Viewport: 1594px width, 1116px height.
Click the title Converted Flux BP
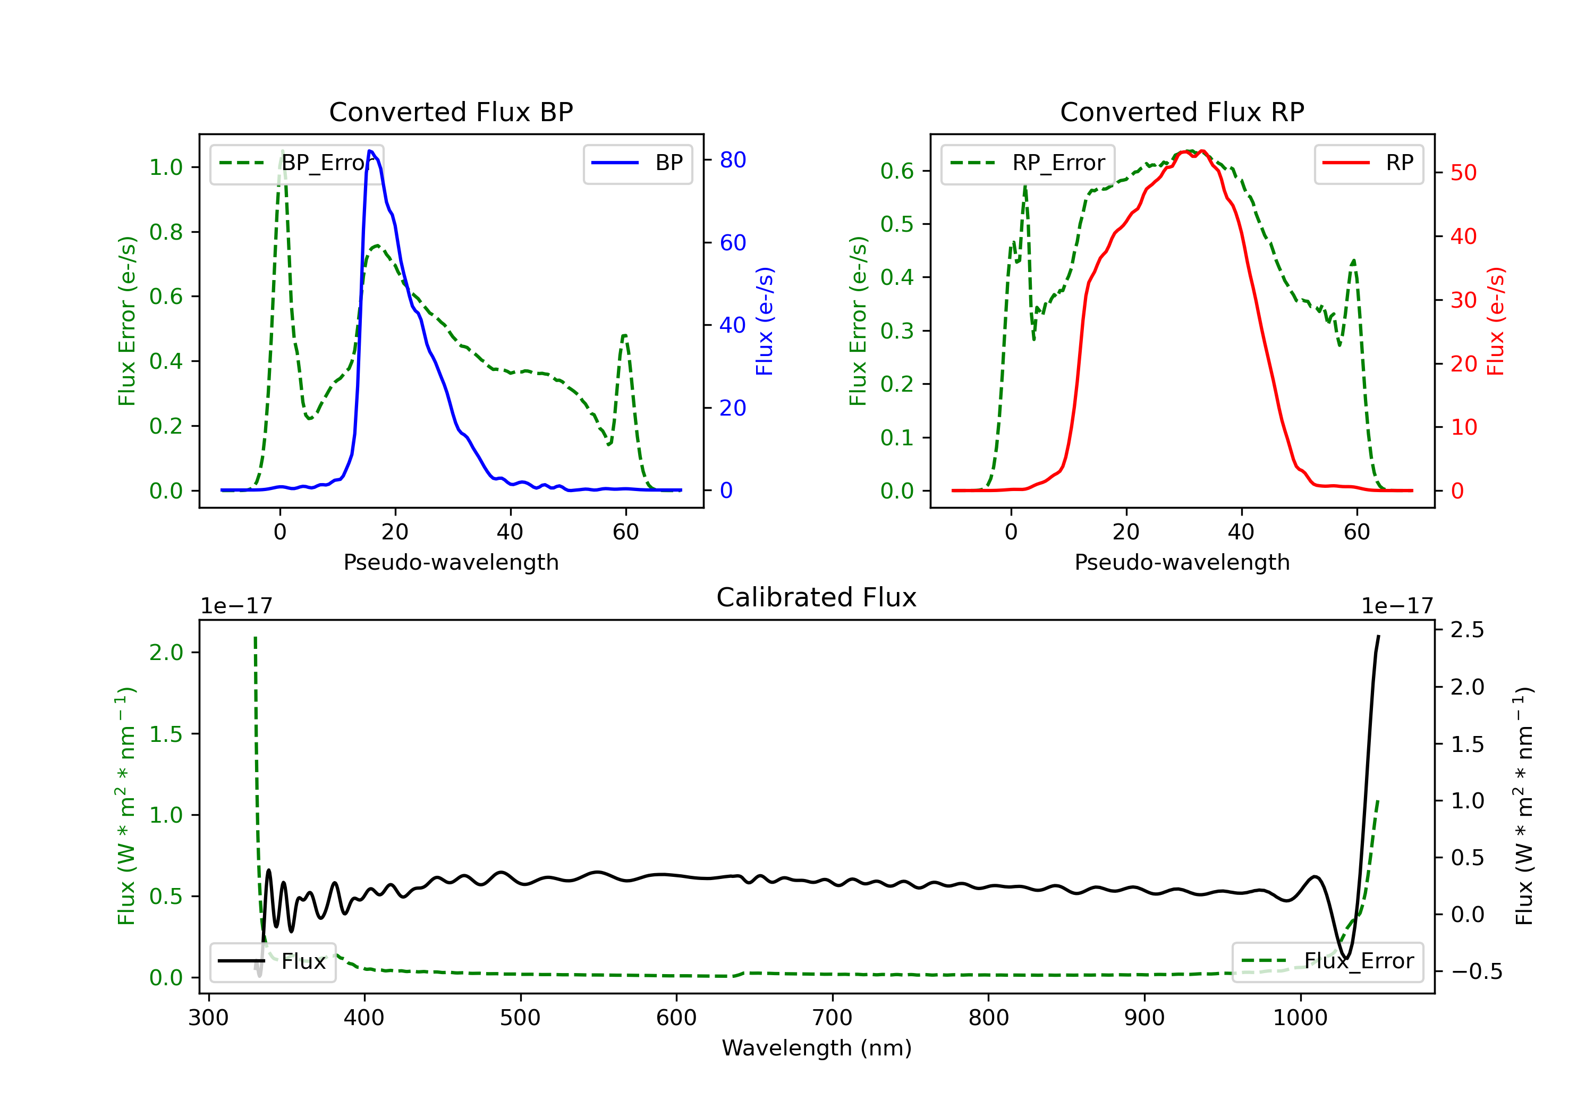pos(451,112)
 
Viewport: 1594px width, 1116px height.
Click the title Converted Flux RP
pos(1182,112)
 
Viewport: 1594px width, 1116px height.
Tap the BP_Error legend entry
pos(296,163)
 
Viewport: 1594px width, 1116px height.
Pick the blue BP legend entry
pos(637,163)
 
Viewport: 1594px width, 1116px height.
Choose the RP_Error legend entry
pos(1028,163)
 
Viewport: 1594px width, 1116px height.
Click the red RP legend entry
pos(1368,163)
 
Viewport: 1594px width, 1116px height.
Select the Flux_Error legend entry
pos(1327,961)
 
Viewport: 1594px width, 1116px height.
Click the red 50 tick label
pos(1463,173)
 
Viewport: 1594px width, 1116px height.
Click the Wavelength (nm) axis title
pos(817,1048)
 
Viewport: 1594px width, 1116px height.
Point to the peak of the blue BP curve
pos(370,151)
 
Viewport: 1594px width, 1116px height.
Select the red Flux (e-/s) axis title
pos(1495,321)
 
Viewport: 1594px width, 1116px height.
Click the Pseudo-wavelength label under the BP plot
pos(451,562)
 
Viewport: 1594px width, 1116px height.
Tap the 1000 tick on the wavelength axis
pos(1300,1018)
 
